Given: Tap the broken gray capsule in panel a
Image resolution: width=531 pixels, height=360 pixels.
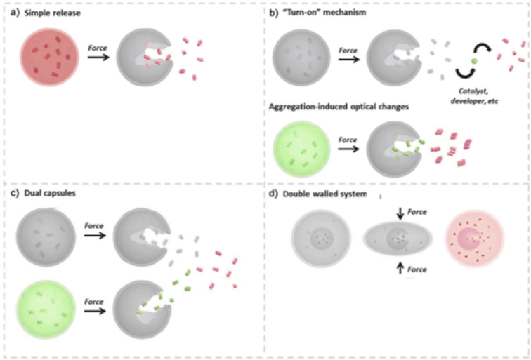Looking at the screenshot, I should point(143,58).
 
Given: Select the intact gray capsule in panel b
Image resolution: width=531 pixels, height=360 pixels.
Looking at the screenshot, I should point(298,58).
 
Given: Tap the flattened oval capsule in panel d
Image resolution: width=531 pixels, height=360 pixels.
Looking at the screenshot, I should point(398,239).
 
